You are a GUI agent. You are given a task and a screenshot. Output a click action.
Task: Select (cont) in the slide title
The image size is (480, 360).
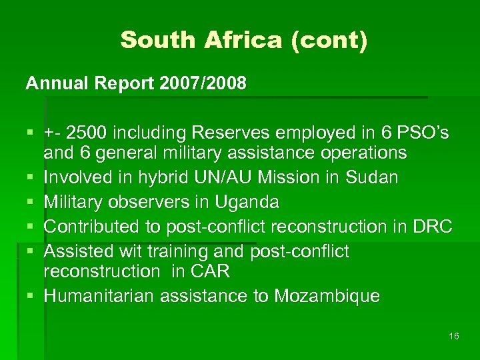(x=328, y=40)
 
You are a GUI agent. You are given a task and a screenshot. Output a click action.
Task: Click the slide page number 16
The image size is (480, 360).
(x=454, y=337)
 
